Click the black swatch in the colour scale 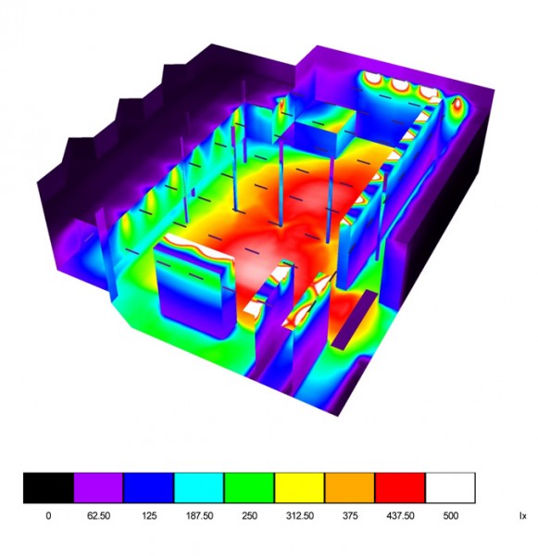pyautogui.click(x=48, y=487)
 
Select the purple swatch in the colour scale pyautogui.click(x=98, y=487)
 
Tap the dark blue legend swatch pyautogui.click(x=148, y=487)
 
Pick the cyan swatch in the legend pyautogui.click(x=199, y=487)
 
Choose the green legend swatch pyautogui.click(x=249, y=487)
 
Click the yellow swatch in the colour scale pyautogui.click(x=300, y=487)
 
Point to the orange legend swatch pyautogui.click(x=350, y=487)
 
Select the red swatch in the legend pyautogui.click(x=400, y=487)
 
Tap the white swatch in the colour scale pyautogui.click(x=450, y=487)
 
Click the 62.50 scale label pyautogui.click(x=98, y=515)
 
